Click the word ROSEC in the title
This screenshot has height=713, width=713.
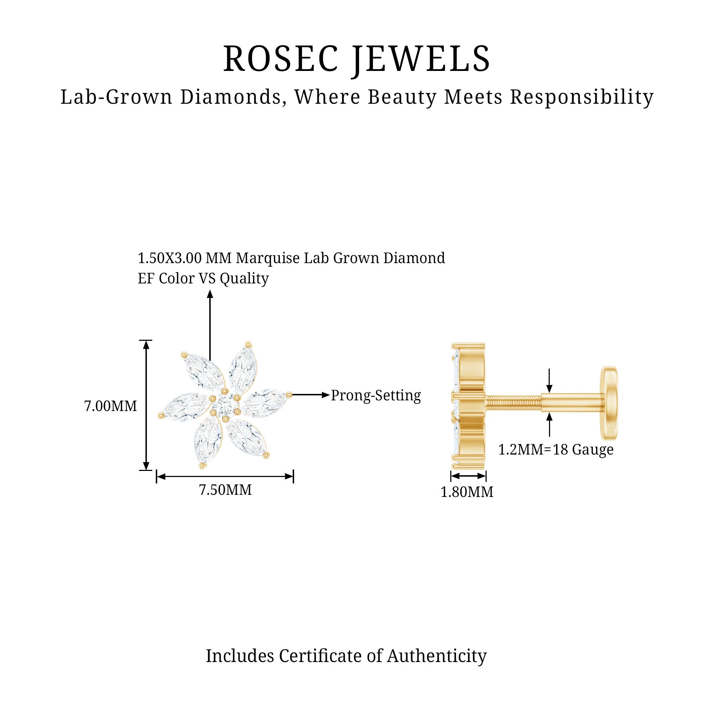point(281,59)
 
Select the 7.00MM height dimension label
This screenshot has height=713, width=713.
point(111,406)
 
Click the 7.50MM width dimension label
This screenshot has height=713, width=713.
point(225,490)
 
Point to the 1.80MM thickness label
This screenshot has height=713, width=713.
point(467,492)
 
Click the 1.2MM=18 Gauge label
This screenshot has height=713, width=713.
point(556,450)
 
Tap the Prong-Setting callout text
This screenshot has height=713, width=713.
point(376,395)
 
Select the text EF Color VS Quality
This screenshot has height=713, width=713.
point(203,278)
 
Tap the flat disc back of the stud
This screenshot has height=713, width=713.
point(609,403)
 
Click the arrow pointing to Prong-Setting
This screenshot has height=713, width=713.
point(310,395)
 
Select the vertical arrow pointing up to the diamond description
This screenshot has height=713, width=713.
point(210,325)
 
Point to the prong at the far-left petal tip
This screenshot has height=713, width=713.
point(161,416)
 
